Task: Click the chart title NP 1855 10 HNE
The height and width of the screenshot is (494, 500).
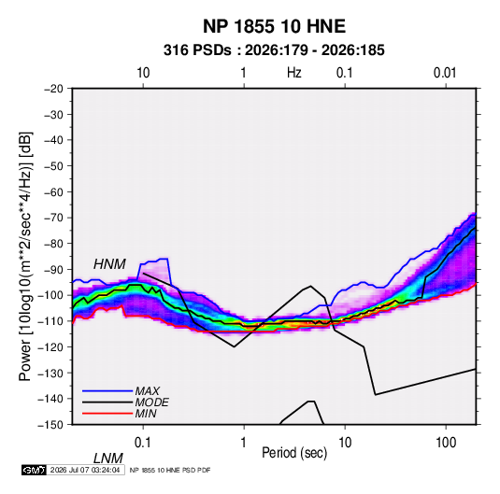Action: click(274, 26)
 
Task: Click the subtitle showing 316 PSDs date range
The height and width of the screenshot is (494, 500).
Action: click(274, 50)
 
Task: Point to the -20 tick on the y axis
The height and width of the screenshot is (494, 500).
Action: click(53, 89)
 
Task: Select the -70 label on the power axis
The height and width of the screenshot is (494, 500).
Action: click(53, 218)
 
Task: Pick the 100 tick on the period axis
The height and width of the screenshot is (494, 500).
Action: click(446, 443)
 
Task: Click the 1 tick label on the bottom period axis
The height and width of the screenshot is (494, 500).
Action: click(244, 443)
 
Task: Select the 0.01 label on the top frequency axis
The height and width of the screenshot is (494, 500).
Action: click(445, 73)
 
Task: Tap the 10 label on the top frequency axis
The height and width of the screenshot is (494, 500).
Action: click(143, 73)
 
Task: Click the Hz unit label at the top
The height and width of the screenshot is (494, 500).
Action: click(294, 73)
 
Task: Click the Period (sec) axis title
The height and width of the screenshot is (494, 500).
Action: click(294, 453)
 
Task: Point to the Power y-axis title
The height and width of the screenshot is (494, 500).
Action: click(25, 256)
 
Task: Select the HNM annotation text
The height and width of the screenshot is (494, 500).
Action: click(109, 264)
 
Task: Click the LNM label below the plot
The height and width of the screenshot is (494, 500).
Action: click(107, 459)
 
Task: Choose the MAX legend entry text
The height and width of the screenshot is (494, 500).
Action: click(148, 391)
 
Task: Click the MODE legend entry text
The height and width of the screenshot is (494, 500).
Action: click(151, 402)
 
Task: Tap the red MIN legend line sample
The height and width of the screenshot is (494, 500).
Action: click(107, 414)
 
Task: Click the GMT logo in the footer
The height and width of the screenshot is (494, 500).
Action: click(35, 470)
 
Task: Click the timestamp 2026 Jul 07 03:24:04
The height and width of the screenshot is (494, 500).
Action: click(85, 470)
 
